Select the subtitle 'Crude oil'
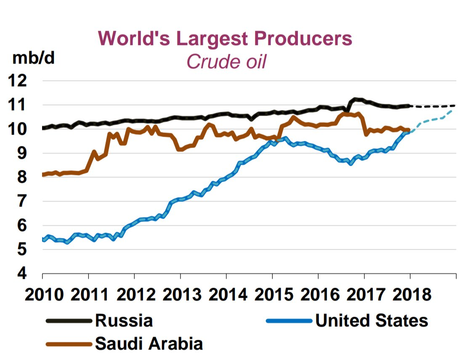click(x=226, y=61)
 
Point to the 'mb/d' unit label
click(x=34, y=58)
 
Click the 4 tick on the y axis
click(x=21, y=274)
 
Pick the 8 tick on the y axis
click(x=21, y=177)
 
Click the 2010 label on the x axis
click(x=43, y=294)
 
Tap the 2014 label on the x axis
click(x=226, y=294)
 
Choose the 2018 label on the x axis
click(x=410, y=294)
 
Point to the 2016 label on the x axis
click(x=319, y=294)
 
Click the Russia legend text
click(x=124, y=320)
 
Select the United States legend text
click(x=372, y=320)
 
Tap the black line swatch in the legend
click(x=69, y=321)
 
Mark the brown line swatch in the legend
click(x=69, y=344)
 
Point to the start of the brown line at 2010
click(x=43, y=175)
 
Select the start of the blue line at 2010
click(x=43, y=240)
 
